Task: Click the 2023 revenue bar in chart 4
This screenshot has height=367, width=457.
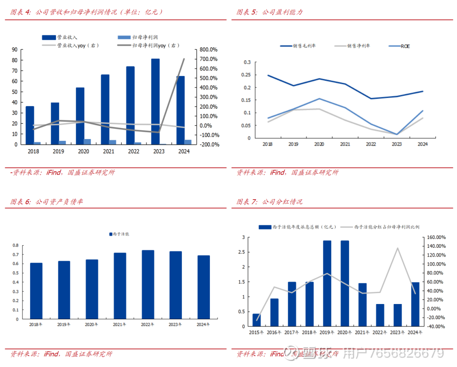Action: (x=155, y=101)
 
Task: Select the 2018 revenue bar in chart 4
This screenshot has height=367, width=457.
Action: (x=30, y=125)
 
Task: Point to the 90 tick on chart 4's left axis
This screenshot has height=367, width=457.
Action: (x=15, y=49)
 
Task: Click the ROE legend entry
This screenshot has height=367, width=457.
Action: (x=405, y=46)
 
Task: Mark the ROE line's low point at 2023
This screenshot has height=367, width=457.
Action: (x=396, y=134)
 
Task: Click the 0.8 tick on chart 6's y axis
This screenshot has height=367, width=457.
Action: (x=16, y=245)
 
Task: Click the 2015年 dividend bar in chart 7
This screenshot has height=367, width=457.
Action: (x=256, y=320)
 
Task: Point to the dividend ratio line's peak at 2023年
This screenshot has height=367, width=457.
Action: (x=397, y=248)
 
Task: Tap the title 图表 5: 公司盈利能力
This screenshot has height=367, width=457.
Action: (x=270, y=12)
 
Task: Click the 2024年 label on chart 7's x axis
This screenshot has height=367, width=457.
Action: (x=415, y=332)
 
